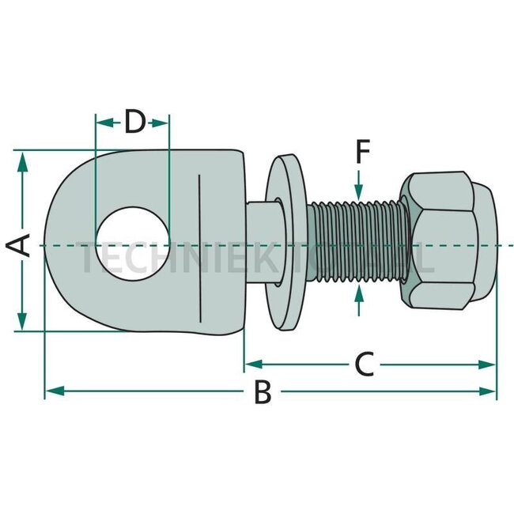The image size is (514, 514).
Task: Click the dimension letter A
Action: tap(23, 244)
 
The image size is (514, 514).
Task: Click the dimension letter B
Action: tap(263, 391)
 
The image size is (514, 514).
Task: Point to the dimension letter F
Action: tap(361, 150)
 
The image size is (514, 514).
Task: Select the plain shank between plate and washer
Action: tap(262, 241)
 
